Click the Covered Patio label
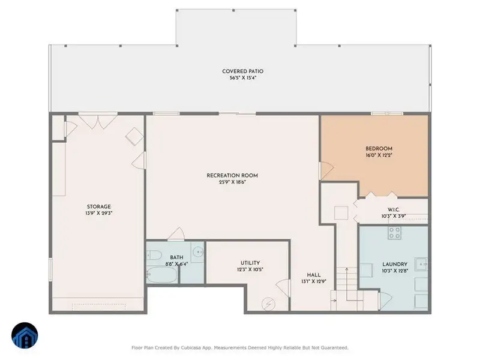point(243,71)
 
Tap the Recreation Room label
point(232,175)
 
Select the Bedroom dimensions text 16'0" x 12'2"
point(379,155)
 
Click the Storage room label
point(99,206)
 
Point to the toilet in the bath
point(154,255)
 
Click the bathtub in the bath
point(162,274)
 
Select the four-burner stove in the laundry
point(394,233)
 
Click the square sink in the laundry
point(422,264)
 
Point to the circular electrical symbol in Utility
point(268,304)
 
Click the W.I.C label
point(394,209)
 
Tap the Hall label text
point(314,275)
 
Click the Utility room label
point(250,263)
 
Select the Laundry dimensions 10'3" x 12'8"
point(395,271)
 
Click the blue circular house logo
point(25,335)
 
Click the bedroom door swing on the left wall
point(326,171)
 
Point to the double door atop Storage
point(98,121)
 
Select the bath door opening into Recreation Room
point(176,234)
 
